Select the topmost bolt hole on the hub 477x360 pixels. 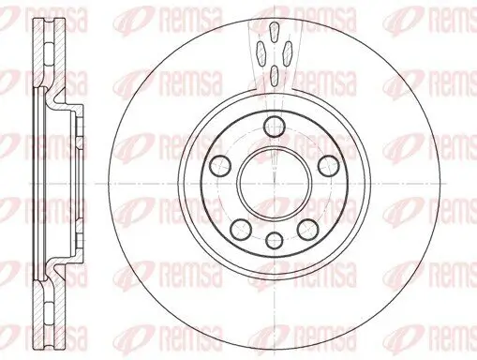273,127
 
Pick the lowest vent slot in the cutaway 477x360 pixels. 273,74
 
